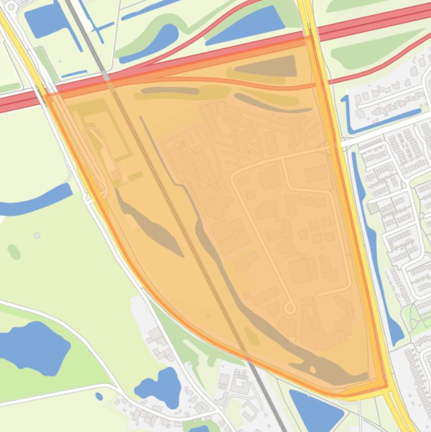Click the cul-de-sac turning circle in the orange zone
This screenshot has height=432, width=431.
tap(290, 307)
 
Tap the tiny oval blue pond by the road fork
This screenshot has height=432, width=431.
tap(99, 397)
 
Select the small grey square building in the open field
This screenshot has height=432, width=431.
tap(37, 236)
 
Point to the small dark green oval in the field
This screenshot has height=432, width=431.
tap(14, 252)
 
